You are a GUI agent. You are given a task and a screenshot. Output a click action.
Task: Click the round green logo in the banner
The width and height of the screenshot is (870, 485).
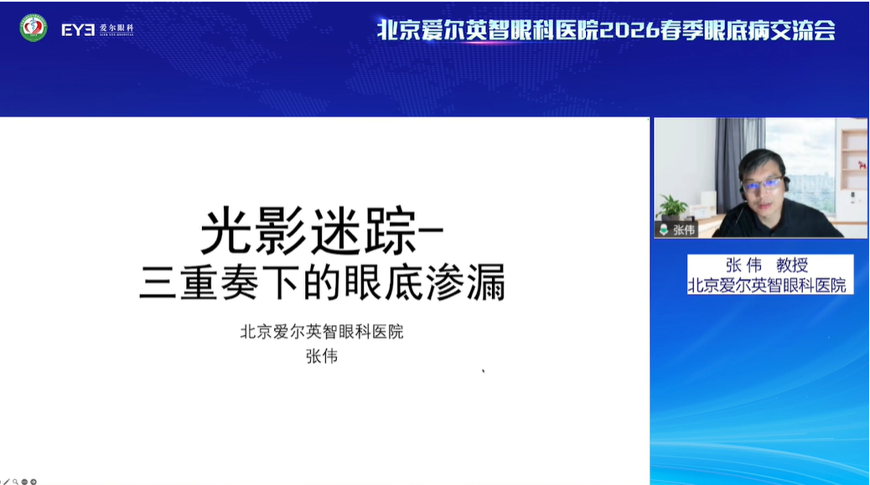(x=34, y=28)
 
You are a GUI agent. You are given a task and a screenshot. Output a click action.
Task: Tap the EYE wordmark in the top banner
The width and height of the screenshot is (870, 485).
(x=78, y=30)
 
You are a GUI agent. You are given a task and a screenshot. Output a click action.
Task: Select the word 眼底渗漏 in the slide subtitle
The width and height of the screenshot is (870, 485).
(x=425, y=282)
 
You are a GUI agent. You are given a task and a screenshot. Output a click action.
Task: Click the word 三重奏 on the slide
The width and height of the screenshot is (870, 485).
(x=199, y=282)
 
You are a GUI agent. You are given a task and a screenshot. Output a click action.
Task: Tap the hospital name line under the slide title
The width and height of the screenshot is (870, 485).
(x=322, y=332)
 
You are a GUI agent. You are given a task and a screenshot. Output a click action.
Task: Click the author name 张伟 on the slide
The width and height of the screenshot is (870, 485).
(x=322, y=356)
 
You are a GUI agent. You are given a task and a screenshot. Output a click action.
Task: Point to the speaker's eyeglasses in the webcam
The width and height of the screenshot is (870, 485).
(x=763, y=184)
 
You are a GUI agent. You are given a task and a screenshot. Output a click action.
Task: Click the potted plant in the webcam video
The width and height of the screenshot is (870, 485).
(x=672, y=207)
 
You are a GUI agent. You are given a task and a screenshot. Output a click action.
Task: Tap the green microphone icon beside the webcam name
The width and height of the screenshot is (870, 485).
(x=664, y=230)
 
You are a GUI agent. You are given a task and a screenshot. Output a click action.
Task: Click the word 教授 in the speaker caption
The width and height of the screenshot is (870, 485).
(x=792, y=265)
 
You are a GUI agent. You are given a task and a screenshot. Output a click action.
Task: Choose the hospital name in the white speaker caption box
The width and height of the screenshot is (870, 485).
(x=767, y=285)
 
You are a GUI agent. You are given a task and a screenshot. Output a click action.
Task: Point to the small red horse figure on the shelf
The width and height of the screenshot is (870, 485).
(x=862, y=165)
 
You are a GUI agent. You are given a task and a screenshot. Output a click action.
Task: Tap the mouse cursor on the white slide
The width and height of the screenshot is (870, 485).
(x=484, y=371)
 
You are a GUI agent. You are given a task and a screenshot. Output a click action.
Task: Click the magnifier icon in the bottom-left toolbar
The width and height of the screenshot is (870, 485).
(x=16, y=482)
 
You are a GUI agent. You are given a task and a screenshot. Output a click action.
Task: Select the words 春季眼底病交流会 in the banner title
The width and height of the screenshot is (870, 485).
(x=748, y=30)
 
